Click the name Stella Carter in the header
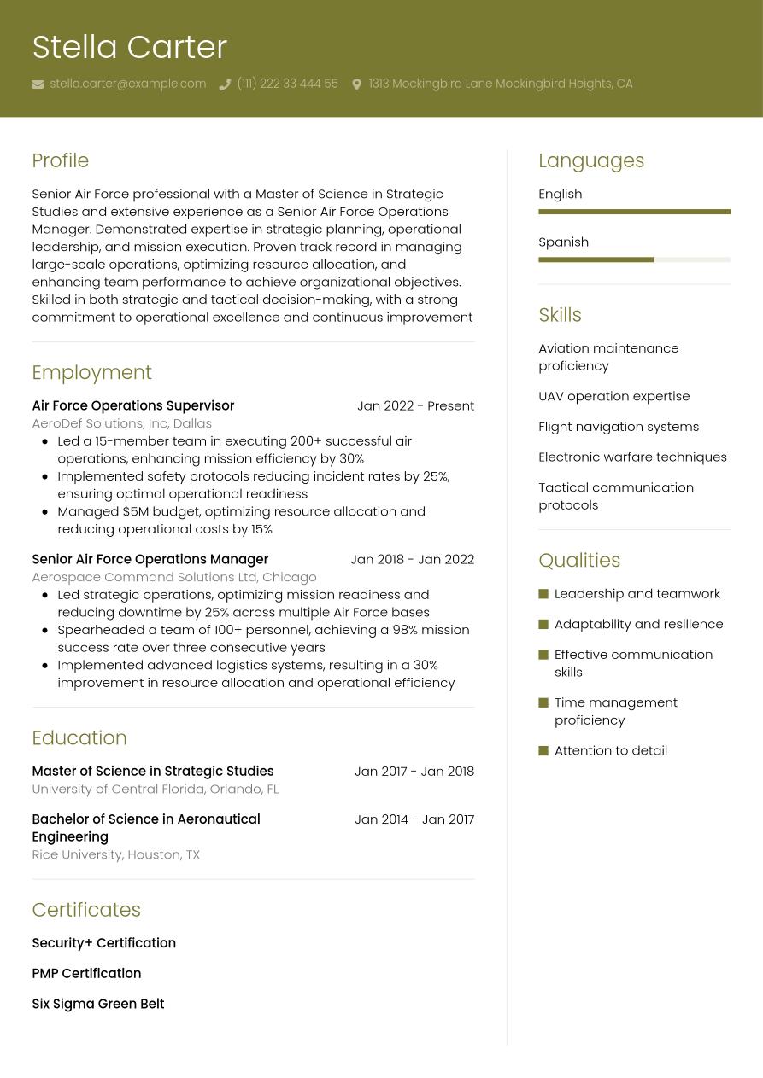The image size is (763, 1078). pyautogui.click(x=129, y=47)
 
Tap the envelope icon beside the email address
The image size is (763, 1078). pyautogui.click(x=38, y=84)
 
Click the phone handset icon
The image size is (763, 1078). pyautogui.click(x=225, y=84)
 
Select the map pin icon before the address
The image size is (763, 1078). pyautogui.click(x=356, y=84)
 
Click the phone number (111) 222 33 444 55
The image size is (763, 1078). pyautogui.click(x=287, y=84)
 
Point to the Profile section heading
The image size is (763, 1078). pyautogui.click(x=60, y=160)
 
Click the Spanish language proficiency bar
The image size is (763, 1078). pyautogui.click(x=634, y=259)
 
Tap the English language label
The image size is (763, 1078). pyautogui.click(x=560, y=194)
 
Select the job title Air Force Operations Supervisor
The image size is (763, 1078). pyautogui.click(x=132, y=405)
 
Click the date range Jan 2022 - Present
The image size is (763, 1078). pyautogui.click(x=415, y=405)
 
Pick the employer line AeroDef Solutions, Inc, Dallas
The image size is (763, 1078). pyautogui.click(x=121, y=423)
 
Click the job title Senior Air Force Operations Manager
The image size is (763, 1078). pyautogui.click(x=150, y=559)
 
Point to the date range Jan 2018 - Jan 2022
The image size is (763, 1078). pyautogui.click(x=412, y=559)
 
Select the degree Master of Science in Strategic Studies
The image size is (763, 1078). pyautogui.click(x=152, y=771)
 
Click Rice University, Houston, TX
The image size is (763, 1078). pyautogui.click(x=115, y=854)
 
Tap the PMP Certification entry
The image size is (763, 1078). pyautogui.click(x=86, y=973)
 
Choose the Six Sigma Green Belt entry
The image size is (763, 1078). pyautogui.click(x=97, y=1004)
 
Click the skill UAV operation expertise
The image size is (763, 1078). pyautogui.click(x=613, y=396)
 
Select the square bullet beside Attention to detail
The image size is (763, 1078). pyautogui.click(x=543, y=750)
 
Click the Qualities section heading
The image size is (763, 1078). pyautogui.click(x=578, y=560)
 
